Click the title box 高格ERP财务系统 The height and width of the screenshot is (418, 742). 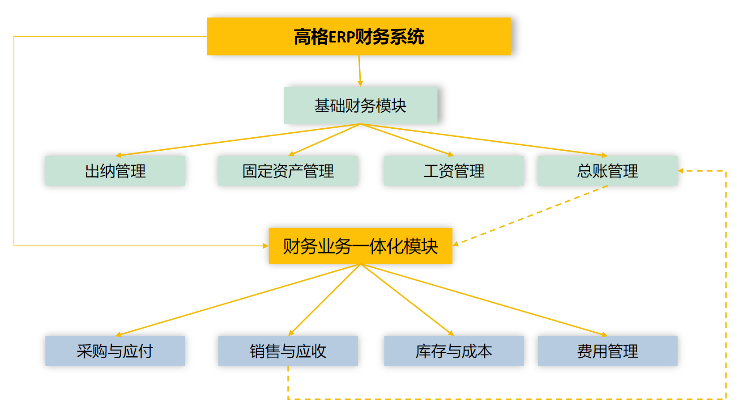pos(358,37)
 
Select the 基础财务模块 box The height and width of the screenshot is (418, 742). pos(360,106)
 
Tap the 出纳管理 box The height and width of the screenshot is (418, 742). pos(115,171)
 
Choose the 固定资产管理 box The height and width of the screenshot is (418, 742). pos(288,171)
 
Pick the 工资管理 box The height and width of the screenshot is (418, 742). pos(454,171)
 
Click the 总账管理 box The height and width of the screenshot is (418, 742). pos(607,171)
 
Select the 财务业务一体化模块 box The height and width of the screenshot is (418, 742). pos(360,246)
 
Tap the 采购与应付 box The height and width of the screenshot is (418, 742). pos(115,351)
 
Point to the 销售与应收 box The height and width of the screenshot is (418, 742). pos(288,351)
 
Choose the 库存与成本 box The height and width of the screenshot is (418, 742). pos(454,351)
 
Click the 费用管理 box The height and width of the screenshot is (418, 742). pos(607,351)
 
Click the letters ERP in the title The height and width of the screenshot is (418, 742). pos(342,37)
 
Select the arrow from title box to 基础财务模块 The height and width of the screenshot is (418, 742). pos(359,71)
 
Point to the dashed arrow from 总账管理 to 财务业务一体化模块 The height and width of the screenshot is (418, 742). pos(530,215)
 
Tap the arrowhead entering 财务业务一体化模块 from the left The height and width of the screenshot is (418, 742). pos(265,246)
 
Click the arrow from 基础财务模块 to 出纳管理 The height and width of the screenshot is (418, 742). pos(237,140)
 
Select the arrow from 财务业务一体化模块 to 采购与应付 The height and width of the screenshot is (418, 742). pos(237,300)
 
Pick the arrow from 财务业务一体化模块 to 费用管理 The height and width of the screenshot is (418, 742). pos(483,300)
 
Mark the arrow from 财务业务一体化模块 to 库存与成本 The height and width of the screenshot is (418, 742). pos(407,300)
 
